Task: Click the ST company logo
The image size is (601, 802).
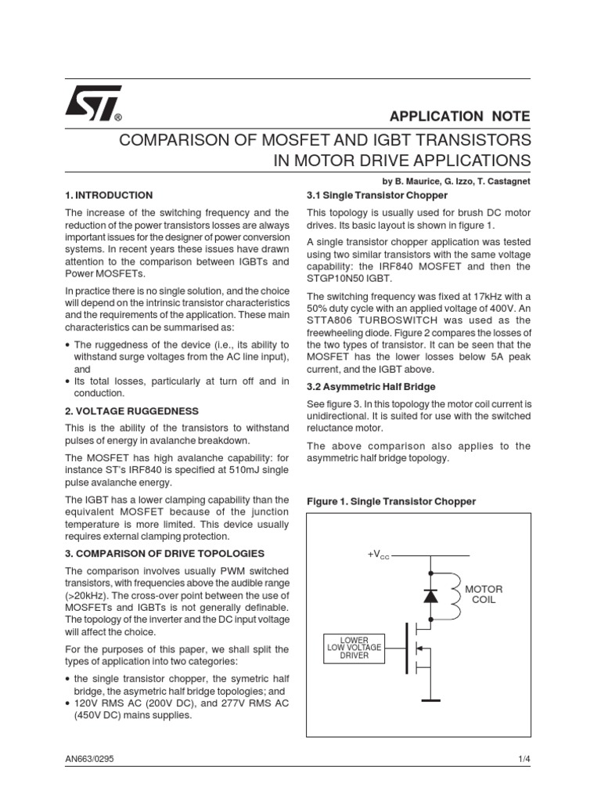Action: click(92, 103)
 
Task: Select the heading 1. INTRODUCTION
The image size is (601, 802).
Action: click(109, 195)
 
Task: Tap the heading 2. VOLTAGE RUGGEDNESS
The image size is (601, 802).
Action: click(131, 410)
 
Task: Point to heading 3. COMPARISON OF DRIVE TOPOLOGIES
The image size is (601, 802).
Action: click(165, 553)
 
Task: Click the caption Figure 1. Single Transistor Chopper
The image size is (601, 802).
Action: click(391, 500)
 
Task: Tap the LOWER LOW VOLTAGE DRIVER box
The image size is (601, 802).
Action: click(354, 646)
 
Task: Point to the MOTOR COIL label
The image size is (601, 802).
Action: click(484, 594)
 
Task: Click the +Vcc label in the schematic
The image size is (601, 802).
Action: click(379, 555)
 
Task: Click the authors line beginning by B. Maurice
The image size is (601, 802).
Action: click(457, 180)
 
